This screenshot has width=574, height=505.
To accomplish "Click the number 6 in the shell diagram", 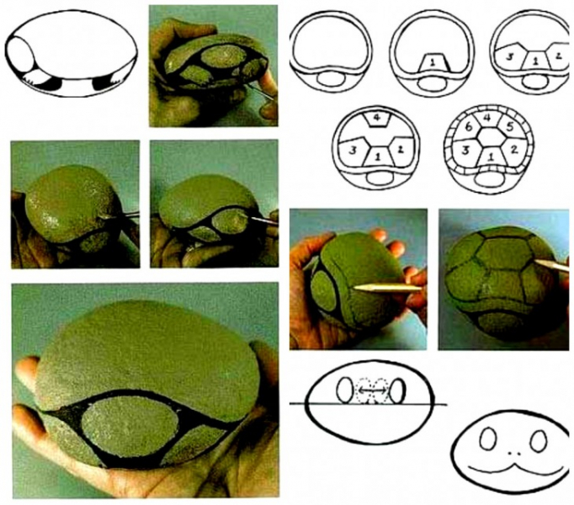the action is pos(468,128).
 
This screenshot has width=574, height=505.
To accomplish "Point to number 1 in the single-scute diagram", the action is pos(433,63).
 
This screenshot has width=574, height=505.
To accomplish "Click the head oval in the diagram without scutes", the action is pos(331,78).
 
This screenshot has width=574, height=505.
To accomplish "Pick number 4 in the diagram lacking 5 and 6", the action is pos(377,119).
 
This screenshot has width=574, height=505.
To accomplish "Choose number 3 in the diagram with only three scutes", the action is pos(509,56).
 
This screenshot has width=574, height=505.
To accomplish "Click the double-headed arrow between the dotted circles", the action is pos(371,391).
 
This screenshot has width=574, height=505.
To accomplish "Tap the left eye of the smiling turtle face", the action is pos(488,439).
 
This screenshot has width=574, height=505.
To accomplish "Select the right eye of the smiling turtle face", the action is pos(539,440).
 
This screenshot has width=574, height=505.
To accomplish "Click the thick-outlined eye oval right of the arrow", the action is pos(397,391).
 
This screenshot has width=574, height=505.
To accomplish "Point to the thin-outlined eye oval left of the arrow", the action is pos(343,391).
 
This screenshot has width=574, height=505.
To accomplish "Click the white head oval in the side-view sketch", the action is pos(21,56).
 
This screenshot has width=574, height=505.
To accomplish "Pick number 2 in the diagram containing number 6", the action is pos(514,150).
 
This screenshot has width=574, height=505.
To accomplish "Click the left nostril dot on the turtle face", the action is pos(510,454).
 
